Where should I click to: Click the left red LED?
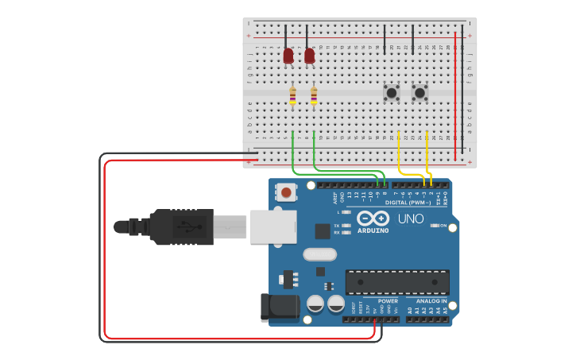coord(288,56)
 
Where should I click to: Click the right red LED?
coord(310,56)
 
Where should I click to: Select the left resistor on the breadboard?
coord(293,95)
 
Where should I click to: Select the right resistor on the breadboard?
coord(315,95)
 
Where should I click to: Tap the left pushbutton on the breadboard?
coord(392,93)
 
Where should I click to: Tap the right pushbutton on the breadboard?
coord(419,93)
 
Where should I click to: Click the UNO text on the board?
coord(410,219)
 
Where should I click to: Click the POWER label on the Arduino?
coord(388,301)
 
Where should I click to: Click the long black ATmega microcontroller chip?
coord(396,281)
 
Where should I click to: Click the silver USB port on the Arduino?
coord(273,226)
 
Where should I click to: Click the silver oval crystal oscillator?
coord(320,254)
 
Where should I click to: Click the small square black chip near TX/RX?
coord(323,231)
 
